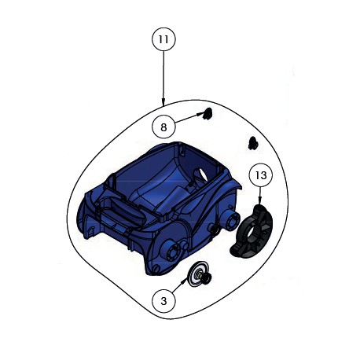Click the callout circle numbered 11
pos(163,39)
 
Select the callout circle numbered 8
pos(163,127)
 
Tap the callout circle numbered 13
pos(261,175)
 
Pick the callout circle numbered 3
pos(163,301)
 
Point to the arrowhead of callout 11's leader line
pos(163,103)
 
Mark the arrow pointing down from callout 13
pos(260,195)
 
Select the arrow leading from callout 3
pos(180,285)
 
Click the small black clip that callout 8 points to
pos(208,113)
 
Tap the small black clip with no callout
pos(253,142)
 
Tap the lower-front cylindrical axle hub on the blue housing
pos(170,252)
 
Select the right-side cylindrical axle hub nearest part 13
pos(232,218)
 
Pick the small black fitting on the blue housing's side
pos(213,229)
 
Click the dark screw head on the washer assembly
pos(206,277)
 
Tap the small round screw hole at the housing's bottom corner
pos(156,268)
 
